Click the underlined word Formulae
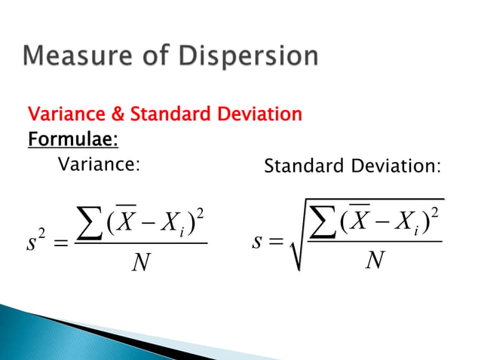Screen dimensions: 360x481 click(72, 140)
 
